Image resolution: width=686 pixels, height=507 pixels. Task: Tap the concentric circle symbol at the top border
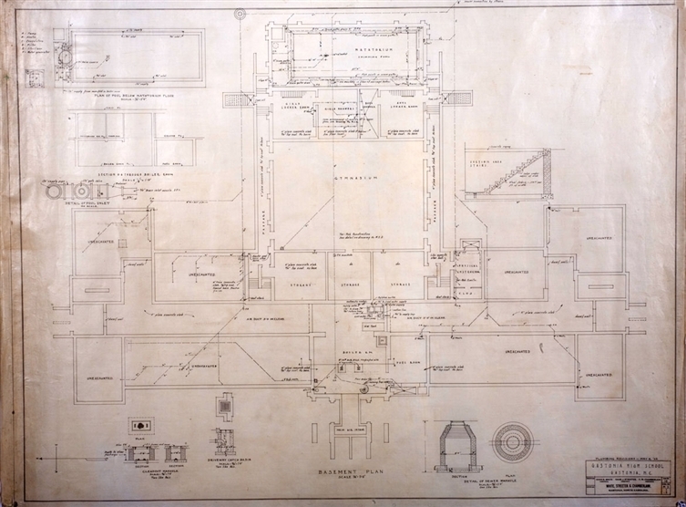pyautogui.click(x=240, y=14)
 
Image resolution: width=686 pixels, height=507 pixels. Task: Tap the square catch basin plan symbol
pyautogui.click(x=224, y=406)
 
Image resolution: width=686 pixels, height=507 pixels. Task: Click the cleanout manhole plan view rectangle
pyautogui.click(x=141, y=426)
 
